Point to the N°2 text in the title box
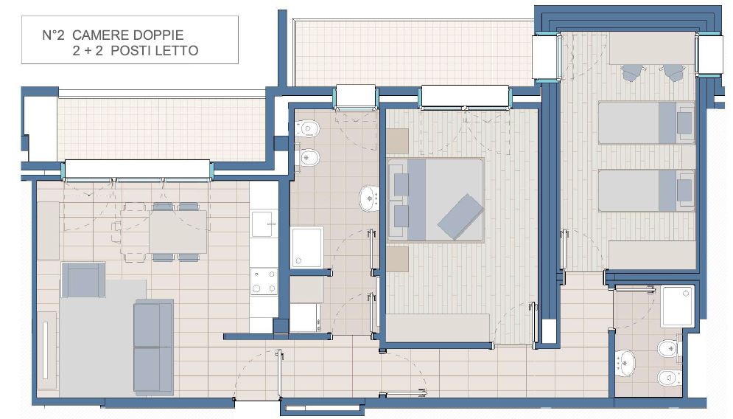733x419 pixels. tap(53, 35)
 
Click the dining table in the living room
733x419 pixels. tap(178, 232)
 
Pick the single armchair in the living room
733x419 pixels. tap(83, 280)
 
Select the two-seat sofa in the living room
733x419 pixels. tap(153, 347)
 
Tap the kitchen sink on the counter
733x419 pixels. tap(262, 224)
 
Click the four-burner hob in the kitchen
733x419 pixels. tap(264, 281)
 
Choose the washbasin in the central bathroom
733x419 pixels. tap(369, 198)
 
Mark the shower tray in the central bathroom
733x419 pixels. tap(307, 248)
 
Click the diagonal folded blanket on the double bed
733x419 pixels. tap(460, 217)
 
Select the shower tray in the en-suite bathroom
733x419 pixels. tap(677, 306)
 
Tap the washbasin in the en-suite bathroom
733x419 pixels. tap(625, 363)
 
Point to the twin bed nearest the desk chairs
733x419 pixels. tap(646, 122)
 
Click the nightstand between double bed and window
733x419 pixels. tap(397, 141)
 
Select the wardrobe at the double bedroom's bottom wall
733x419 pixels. tap(438, 328)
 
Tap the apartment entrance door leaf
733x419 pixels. tap(279, 375)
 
